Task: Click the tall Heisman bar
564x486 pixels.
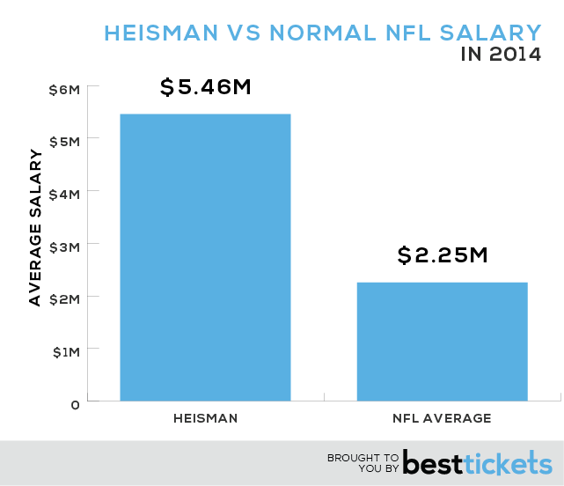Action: tap(205, 257)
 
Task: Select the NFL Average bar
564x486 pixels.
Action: tap(442, 342)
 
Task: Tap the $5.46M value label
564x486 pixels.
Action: tap(204, 88)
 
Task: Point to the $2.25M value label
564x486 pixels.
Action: tap(442, 255)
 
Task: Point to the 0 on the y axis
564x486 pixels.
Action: tap(75, 404)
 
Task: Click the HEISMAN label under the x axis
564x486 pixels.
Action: tap(205, 418)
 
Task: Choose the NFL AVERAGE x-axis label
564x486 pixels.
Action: tap(442, 418)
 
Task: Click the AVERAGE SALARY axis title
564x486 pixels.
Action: tap(36, 227)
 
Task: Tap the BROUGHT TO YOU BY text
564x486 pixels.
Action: tap(363, 463)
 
